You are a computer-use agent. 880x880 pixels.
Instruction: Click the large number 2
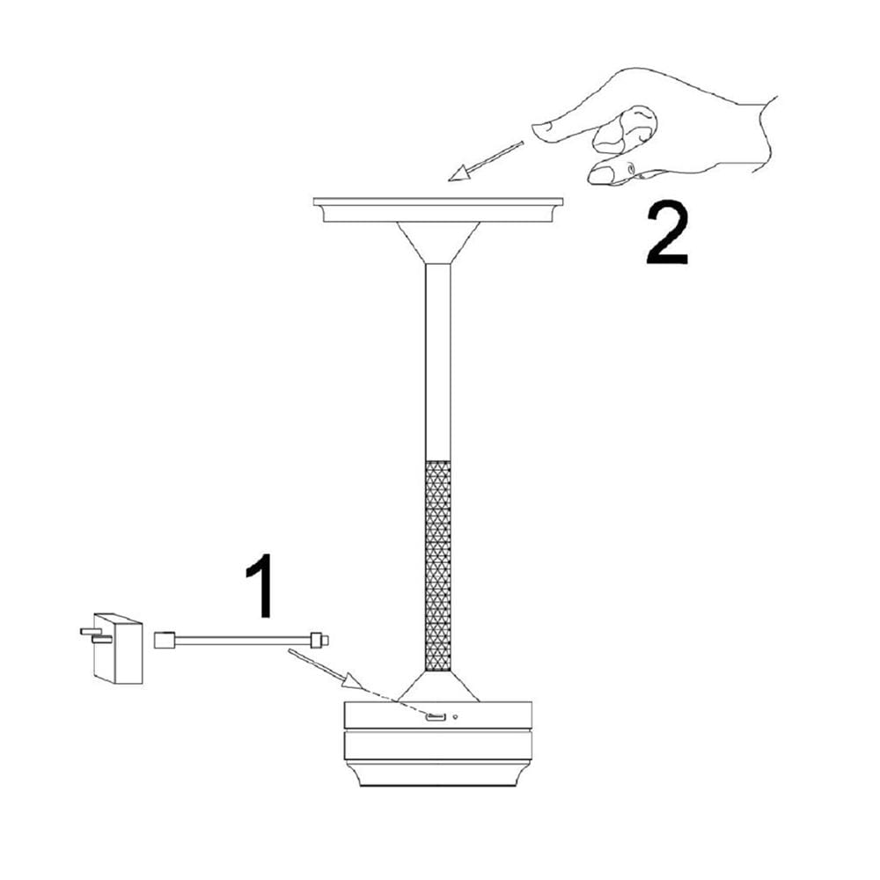(667, 233)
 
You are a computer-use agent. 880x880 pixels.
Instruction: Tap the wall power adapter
(113, 649)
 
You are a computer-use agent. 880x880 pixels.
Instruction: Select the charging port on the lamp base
(436, 718)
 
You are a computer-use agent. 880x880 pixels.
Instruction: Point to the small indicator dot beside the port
(455, 716)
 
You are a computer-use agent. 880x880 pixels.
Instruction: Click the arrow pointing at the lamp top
(486, 161)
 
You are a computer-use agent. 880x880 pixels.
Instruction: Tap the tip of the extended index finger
(534, 130)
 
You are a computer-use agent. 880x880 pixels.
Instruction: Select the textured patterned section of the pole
(437, 566)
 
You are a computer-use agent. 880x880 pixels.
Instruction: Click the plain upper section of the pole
(437, 362)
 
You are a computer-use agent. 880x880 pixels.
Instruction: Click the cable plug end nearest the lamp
(319, 640)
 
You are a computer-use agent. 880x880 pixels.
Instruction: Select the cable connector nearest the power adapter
(165, 640)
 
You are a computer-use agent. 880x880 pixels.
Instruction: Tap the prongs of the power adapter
(94, 634)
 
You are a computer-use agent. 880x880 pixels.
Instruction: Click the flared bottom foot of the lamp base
(437, 774)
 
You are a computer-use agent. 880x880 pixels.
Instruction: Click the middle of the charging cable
(243, 640)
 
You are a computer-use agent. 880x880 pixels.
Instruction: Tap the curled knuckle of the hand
(625, 130)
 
